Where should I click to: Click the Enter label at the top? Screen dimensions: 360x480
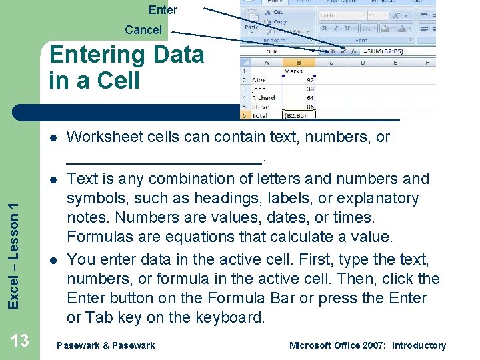(163, 9)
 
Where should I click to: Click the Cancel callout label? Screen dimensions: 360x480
(143, 30)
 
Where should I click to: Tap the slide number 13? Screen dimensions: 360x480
(20, 341)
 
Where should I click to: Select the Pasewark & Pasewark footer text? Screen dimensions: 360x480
(106, 345)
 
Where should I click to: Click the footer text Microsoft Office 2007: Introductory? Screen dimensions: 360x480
(367, 345)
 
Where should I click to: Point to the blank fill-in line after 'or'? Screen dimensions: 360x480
(165, 159)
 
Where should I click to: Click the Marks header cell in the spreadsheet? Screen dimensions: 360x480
(293, 71)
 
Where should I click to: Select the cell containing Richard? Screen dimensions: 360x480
(264, 98)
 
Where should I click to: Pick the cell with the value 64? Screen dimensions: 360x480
(309, 98)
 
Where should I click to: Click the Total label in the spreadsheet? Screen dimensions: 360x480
(261, 115)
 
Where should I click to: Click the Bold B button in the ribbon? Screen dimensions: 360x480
(323, 29)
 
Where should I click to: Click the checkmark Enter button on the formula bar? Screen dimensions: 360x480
(343, 51)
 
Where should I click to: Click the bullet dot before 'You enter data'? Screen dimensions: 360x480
(52, 259)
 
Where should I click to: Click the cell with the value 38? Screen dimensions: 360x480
(309, 89)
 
